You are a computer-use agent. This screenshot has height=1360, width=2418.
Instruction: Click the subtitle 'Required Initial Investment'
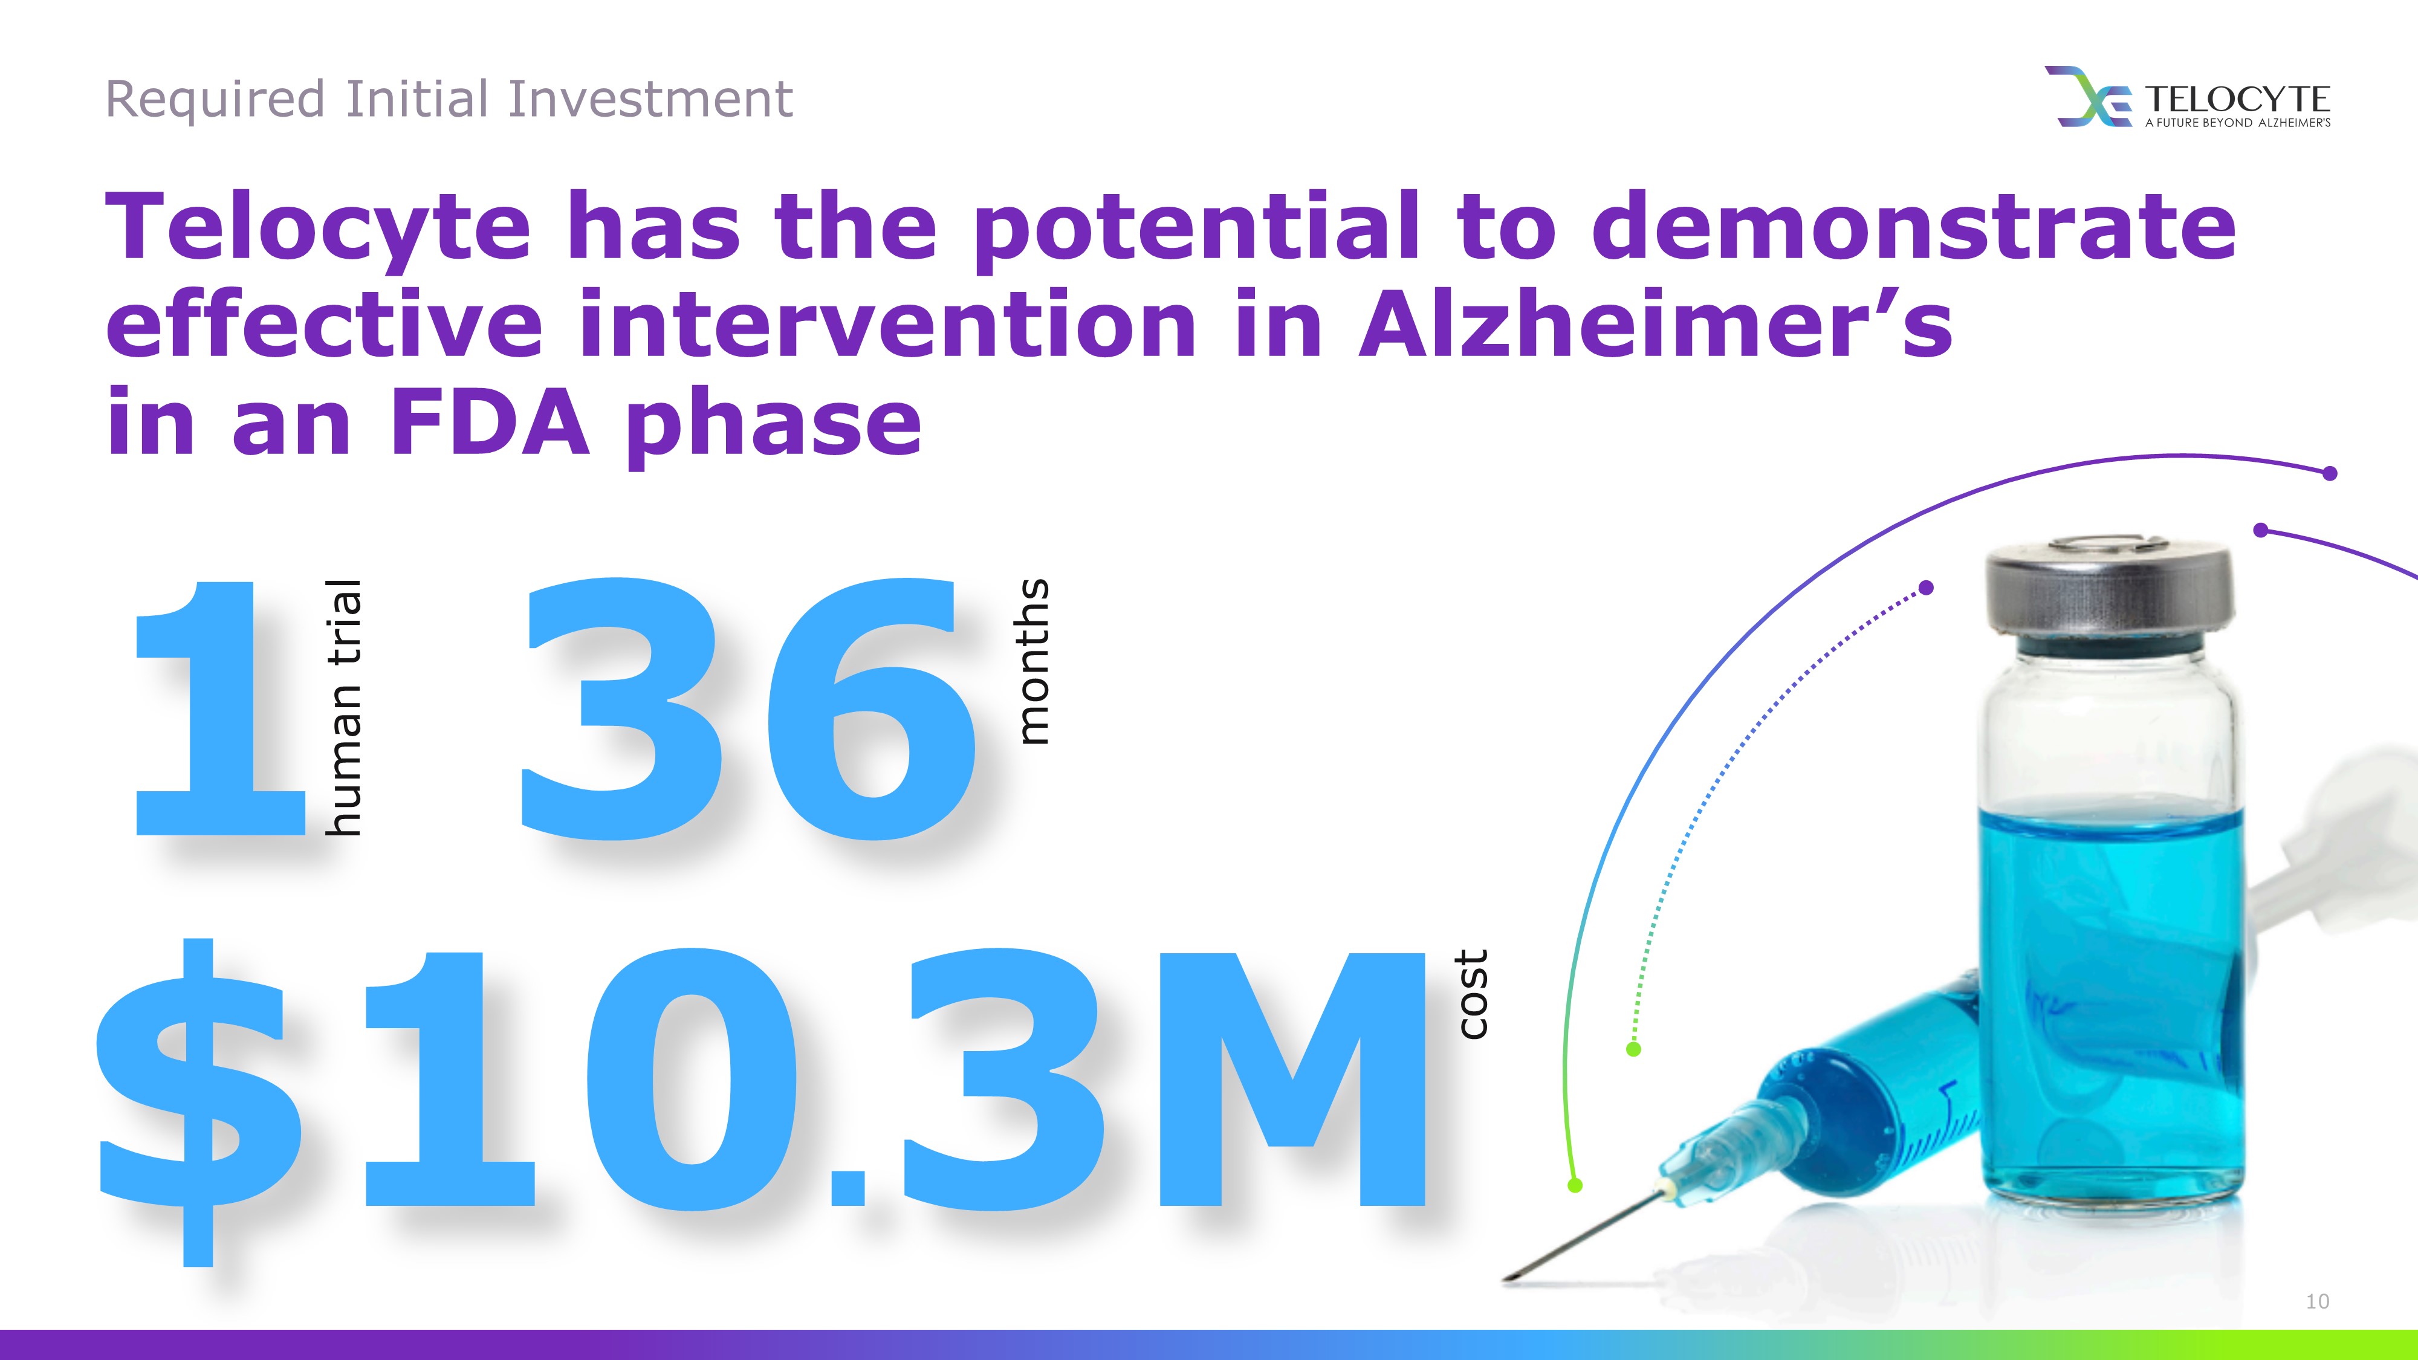click(x=449, y=100)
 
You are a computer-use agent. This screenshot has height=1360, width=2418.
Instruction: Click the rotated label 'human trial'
click(x=343, y=707)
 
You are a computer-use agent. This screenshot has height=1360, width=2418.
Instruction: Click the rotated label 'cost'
click(x=1472, y=994)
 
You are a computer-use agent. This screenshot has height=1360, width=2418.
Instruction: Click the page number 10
click(x=2316, y=1301)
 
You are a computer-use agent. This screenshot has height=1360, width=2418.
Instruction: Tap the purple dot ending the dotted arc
click(x=1926, y=588)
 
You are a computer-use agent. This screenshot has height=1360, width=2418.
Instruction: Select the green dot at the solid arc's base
click(x=1575, y=1185)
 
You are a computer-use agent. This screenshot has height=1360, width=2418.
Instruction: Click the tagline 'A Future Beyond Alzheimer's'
click(x=2237, y=123)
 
